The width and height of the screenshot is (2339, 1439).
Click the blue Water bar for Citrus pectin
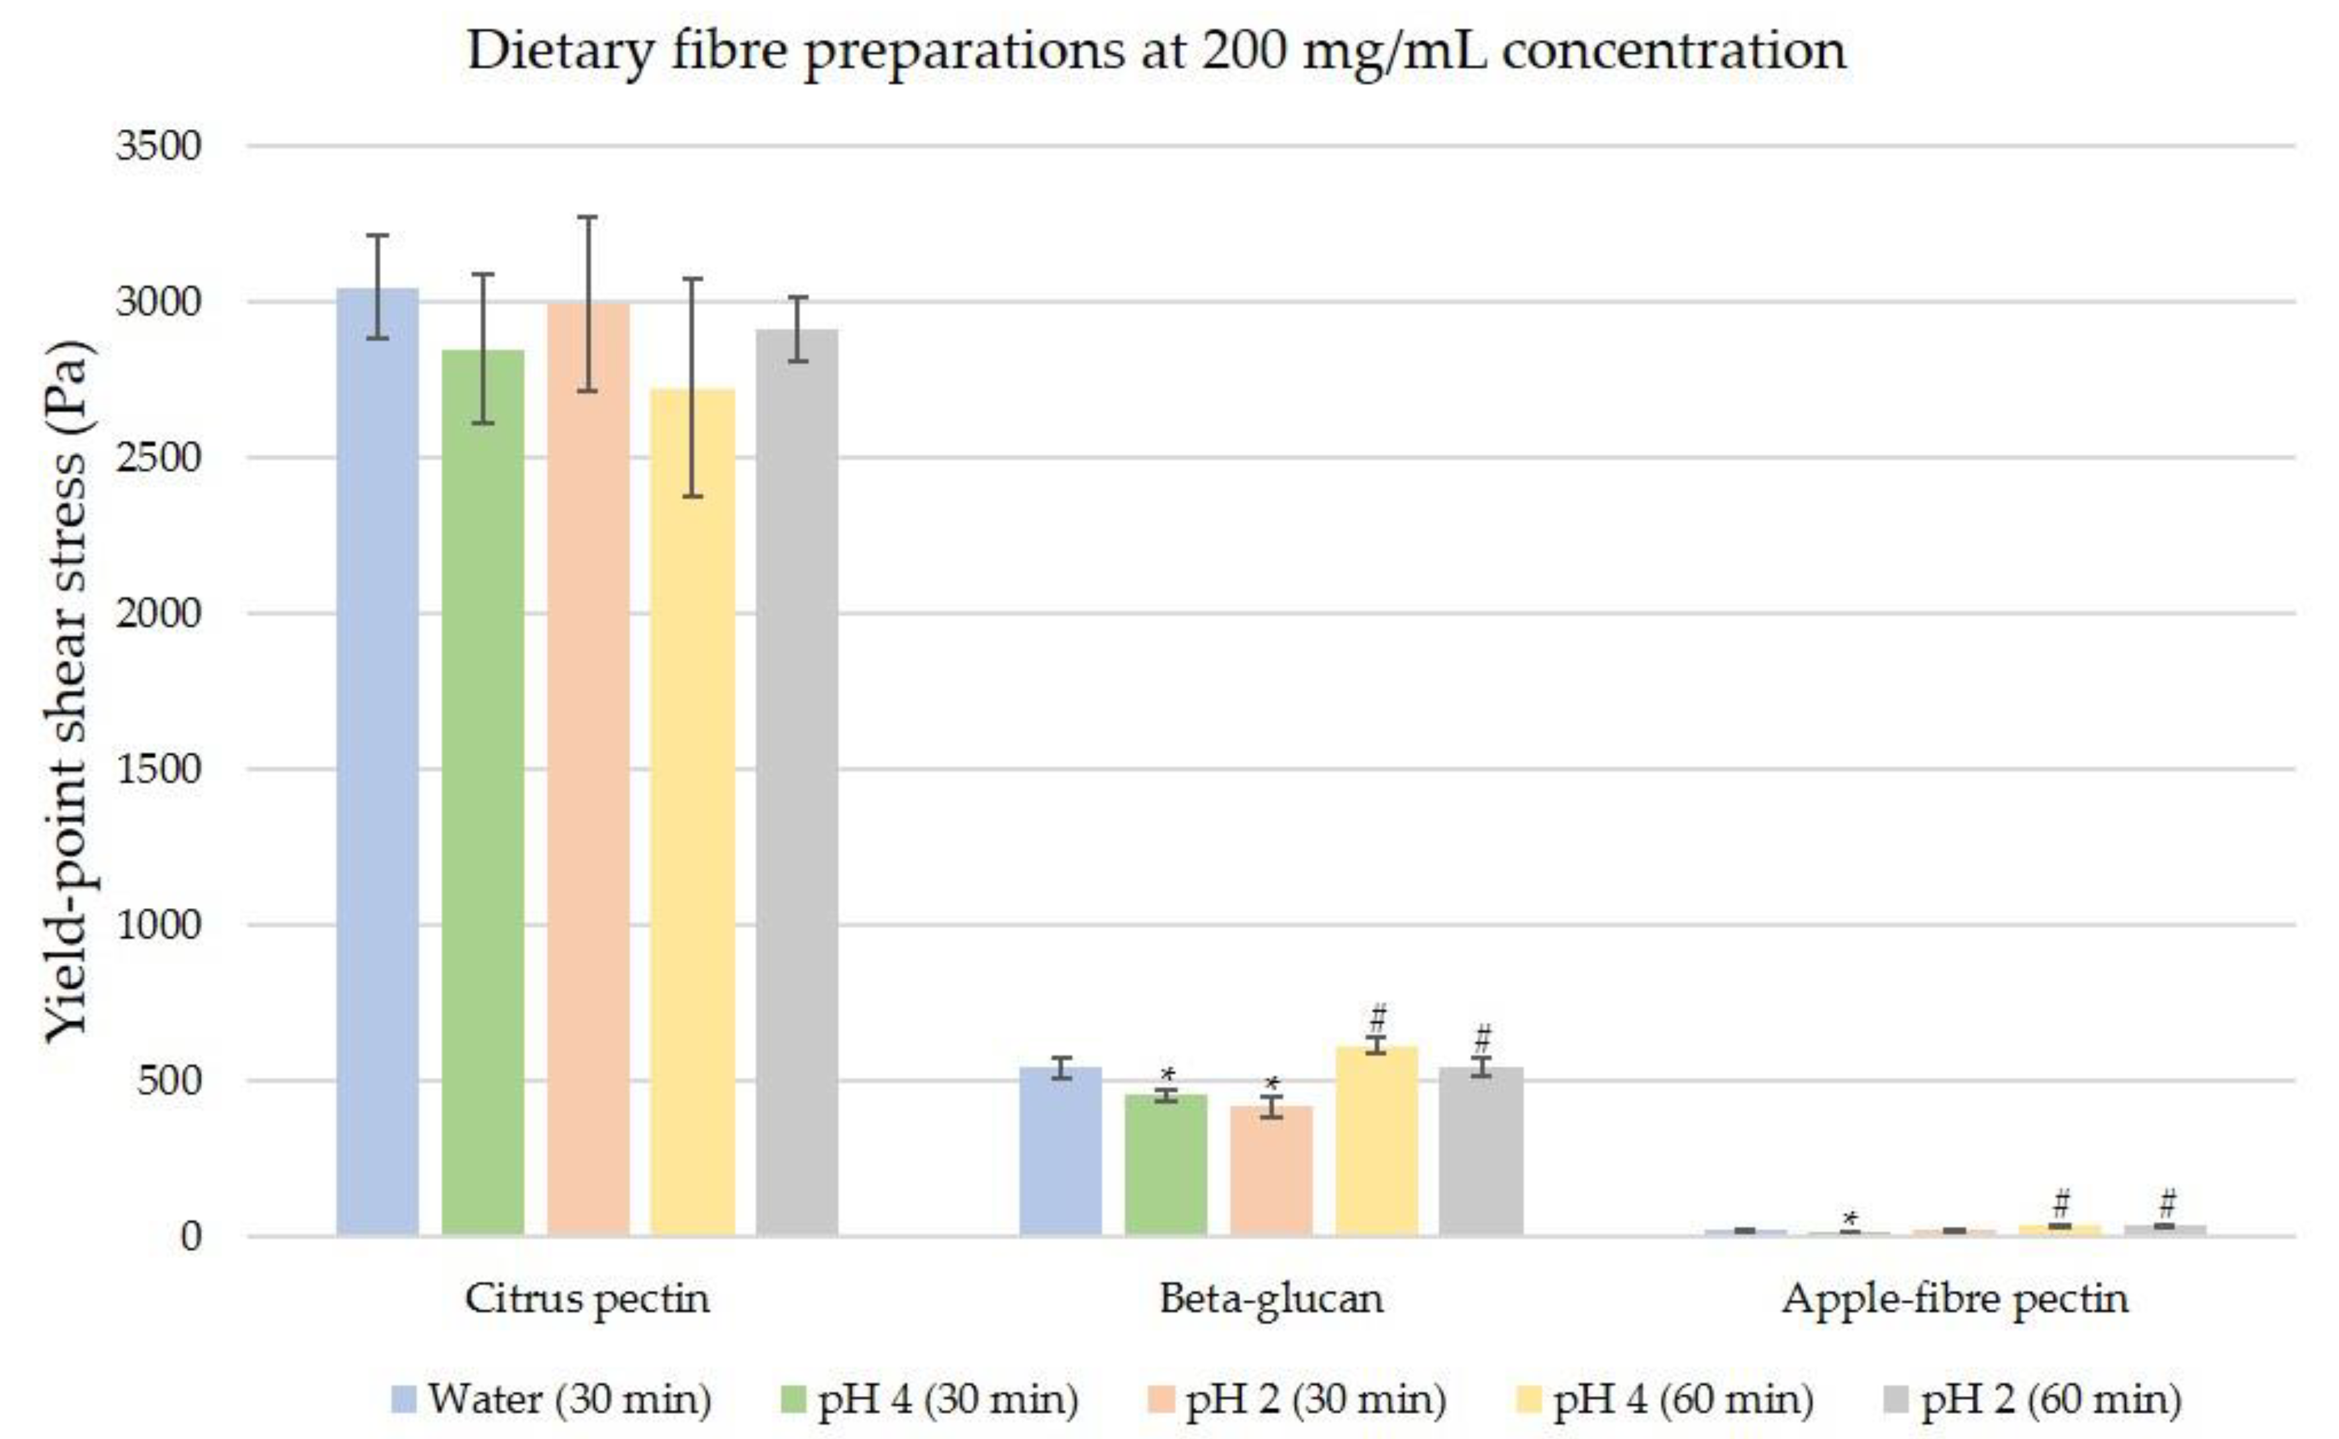pyautogui.click(x=378, y=761)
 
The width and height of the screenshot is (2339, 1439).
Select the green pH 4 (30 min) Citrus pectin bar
pyautogui.click(x=483, y=790)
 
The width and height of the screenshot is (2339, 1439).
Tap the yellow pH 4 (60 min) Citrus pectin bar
pyautogui.click(x=693, y=809)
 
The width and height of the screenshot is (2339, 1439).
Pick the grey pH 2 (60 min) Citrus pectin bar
pyautogui.click(x=798, y=780)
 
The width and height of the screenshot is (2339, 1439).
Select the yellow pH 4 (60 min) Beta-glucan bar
pyautogui.click(x=1377, y=1142)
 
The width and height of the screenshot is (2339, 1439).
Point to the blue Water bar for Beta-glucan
pyautogui.click(x=1060, y=1152)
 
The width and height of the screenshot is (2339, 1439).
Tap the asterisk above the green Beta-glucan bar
pyautogui.click(x=1167, y=1076)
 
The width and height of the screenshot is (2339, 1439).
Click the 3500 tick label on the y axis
pyautogui.click(x=159, y=146)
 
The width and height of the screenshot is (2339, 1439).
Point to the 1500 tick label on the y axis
pyautogui.click(x=159, y=769)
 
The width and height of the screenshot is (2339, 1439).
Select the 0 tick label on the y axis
pyautogui.click(x=191, y=1236)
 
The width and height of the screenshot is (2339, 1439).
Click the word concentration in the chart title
pyautogui.click(x=1673, y=50)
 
